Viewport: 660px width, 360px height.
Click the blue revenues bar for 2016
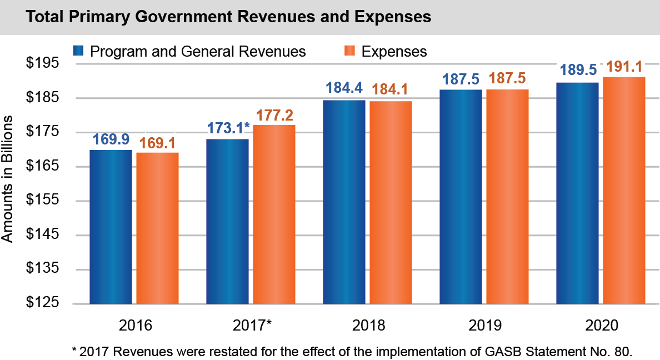coord(111,227)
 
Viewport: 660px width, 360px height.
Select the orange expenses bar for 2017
coord(274,214)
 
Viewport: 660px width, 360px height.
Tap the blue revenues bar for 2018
coord(344,202)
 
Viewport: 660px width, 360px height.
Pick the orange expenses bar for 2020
coord(624,191)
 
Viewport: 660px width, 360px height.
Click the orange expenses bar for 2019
coord(507,197)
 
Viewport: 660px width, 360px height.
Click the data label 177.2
coord(274,115)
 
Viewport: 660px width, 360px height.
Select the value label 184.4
coord(344,89)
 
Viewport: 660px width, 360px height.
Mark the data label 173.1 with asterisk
coord(228,128)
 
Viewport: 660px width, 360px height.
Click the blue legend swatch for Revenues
coord(78,51)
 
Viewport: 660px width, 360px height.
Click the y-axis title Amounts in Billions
coord(8,183)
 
